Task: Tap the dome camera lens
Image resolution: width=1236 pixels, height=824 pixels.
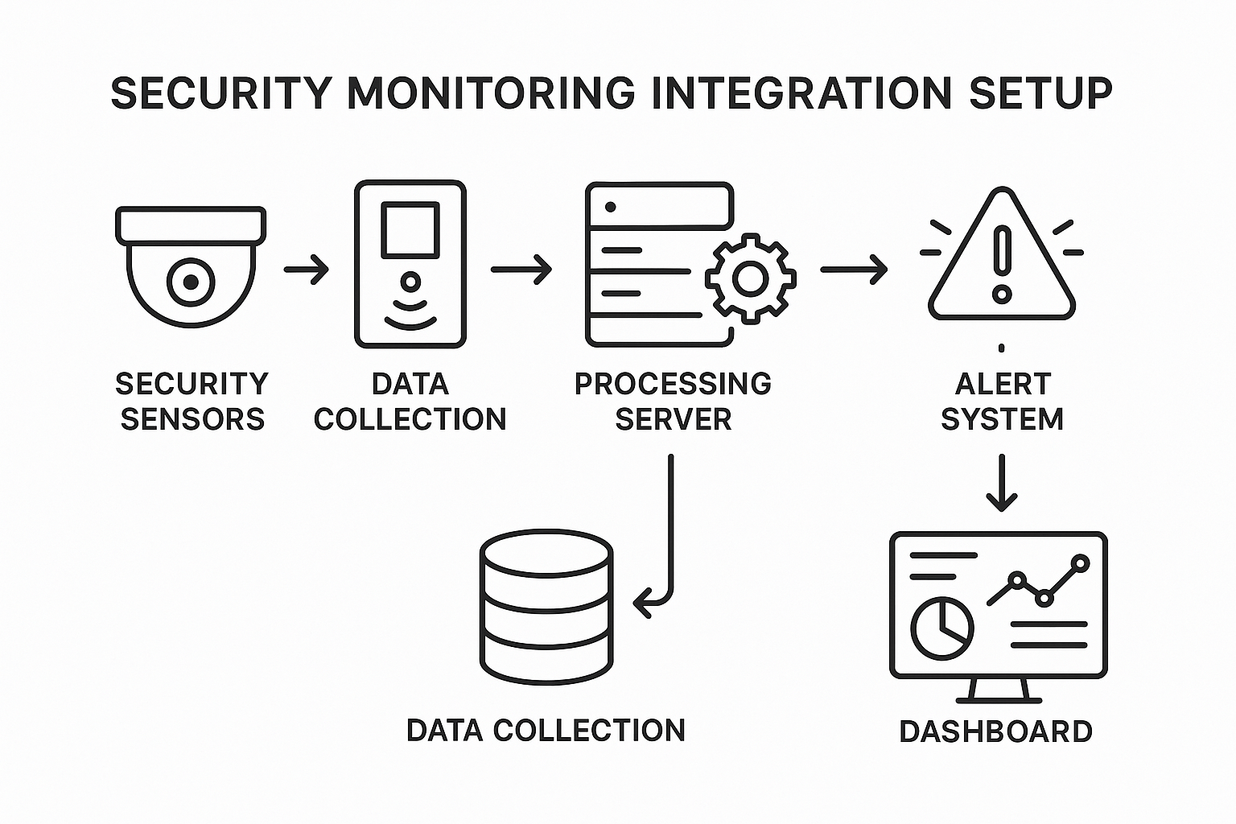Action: click(x=191, y=282)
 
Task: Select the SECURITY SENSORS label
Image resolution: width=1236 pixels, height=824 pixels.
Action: click(x=192, y=401)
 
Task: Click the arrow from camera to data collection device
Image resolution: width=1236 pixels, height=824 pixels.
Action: click(x=307, y=269)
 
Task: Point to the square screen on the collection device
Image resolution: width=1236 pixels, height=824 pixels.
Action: click(x=410, y=229)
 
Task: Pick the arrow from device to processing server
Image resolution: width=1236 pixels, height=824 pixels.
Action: click(x=521, y=269)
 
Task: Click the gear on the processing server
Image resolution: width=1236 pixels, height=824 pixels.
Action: click(x=751, y=278)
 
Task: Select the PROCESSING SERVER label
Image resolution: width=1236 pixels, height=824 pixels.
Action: click(x=673, y=401)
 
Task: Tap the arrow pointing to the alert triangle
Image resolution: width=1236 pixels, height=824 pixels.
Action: click(x=854, y=269)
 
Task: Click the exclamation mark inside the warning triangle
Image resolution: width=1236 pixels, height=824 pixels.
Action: click(x=1002, y=262)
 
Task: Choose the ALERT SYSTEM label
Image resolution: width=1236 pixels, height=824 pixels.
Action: click(x=1003, y=401)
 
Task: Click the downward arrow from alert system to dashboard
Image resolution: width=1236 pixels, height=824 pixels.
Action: click(x=1002, y=483)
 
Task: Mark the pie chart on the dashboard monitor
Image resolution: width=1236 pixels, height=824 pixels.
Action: click(x=942, y=628)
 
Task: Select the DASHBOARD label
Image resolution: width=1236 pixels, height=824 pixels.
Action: click(x=995, y=731)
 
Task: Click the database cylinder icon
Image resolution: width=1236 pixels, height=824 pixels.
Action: click(x=546, y=606)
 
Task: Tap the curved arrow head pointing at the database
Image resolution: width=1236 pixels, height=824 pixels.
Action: click(x=643, y=602)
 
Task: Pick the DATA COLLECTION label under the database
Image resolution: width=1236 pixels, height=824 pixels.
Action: click(x=546, y=730)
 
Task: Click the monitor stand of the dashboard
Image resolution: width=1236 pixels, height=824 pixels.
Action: click(x=999, y=690)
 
